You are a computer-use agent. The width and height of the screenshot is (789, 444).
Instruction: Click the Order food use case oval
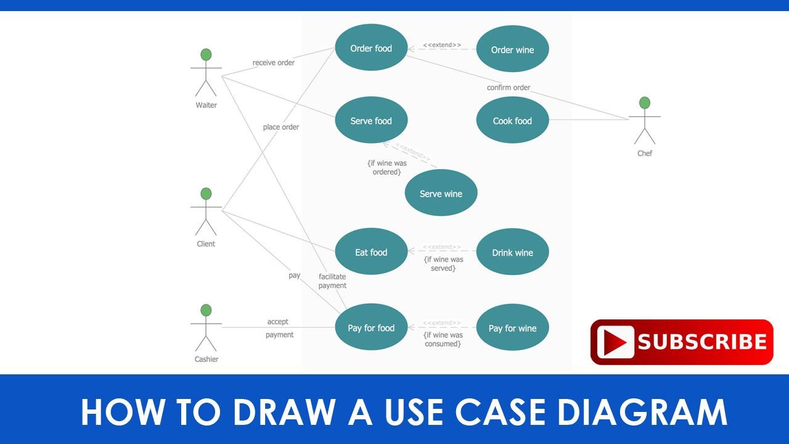[371, 49]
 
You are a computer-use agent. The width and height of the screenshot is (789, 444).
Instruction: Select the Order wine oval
[512, 50]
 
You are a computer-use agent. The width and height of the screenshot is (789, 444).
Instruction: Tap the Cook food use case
[512, 121]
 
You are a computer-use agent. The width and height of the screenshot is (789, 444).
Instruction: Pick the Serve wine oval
[441, 194]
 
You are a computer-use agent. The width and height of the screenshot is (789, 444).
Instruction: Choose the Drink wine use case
[512, 253]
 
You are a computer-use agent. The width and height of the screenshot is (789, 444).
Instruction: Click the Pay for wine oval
[512, 328]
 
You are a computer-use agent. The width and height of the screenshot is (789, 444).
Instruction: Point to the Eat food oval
[371, 252]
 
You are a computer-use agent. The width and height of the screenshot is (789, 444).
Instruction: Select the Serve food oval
[371, 121]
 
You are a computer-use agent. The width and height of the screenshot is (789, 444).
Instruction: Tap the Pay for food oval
[371, 328]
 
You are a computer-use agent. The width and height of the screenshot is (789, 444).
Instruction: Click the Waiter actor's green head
[206, 54]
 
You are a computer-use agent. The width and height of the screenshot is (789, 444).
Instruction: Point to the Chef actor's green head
[645, 102]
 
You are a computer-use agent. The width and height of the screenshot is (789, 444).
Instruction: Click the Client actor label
[206, 244]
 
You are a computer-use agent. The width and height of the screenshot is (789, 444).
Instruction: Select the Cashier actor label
[206, 359]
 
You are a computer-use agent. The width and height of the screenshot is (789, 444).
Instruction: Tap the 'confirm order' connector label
[509, 88]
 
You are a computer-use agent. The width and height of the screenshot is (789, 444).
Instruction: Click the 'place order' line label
[281, 127]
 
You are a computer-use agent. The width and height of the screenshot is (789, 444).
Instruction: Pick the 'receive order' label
[274, 62]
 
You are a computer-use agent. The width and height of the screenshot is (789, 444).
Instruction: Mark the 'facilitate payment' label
[332, 281]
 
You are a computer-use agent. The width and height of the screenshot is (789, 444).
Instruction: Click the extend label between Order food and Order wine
[442, 45]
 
